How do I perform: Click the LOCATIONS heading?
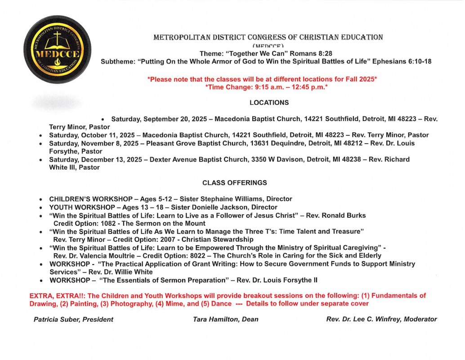pos(269,103)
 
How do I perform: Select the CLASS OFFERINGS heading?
pos(234,183)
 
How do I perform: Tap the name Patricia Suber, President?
pos(73,319)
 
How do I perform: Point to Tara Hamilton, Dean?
pos(225,319)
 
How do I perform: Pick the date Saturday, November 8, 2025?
pos(94,143)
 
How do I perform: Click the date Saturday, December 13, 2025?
pos(96,159)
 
